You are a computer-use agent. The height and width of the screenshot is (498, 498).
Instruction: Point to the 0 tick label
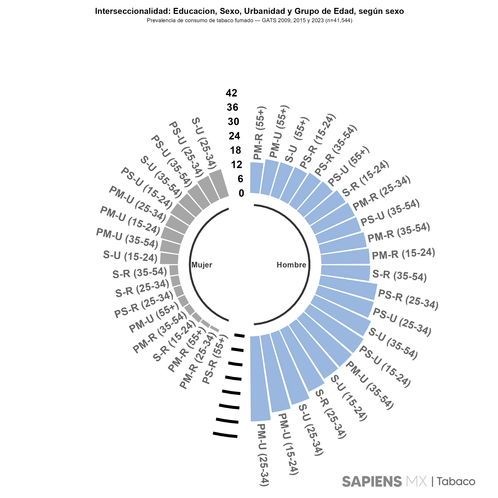pos(241,193)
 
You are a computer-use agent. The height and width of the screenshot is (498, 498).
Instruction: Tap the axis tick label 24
pos(234,136)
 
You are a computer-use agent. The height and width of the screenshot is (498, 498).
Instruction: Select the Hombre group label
pos(291,265)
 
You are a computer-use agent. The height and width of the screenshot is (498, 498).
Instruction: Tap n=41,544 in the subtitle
pos(338,21)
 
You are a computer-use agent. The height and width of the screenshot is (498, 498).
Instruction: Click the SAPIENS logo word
pos(372,481)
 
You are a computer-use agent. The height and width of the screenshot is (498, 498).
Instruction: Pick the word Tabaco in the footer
pos(456,481)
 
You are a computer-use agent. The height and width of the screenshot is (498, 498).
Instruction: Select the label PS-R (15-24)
pos(317,141)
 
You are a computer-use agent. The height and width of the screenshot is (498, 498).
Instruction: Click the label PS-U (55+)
pos(349,166)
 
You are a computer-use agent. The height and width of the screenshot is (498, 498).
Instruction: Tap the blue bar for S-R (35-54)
pos(345,273)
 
